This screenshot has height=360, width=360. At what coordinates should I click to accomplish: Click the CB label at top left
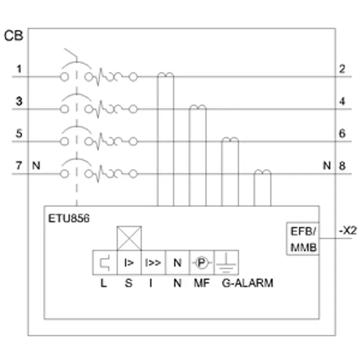click(14, 36)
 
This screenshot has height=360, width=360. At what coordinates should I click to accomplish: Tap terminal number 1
click(19, 69)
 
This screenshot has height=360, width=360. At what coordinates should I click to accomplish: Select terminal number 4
click(342, 101)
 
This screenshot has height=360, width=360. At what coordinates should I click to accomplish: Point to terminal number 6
click(342, 133)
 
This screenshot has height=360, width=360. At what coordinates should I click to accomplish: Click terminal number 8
click(342, 166)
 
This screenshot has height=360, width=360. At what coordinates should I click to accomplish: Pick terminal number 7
click(19, 166)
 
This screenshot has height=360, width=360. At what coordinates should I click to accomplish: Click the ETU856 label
click(69, 218)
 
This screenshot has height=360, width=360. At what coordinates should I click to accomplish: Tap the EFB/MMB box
click(303, 238)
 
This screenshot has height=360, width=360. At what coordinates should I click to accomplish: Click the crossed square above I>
click(129, 238)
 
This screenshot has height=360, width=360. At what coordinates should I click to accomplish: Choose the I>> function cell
click(153, 263)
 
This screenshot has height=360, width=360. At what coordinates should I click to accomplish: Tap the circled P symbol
click(202, 263)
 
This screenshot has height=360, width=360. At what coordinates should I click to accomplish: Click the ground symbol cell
click(226, 263)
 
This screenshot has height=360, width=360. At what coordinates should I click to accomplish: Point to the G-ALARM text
click(247, 283)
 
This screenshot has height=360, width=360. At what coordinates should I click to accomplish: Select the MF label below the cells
click(202, 283)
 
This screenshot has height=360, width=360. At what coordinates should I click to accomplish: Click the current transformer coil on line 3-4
click(198, 107)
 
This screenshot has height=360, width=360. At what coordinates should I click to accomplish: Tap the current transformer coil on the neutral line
click(262, 172)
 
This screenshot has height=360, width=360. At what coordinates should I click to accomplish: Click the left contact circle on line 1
click(64, 77)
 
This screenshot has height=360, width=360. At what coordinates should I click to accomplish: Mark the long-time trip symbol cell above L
click(105, 263)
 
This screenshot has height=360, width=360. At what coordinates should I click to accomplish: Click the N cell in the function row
click(177, 263)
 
